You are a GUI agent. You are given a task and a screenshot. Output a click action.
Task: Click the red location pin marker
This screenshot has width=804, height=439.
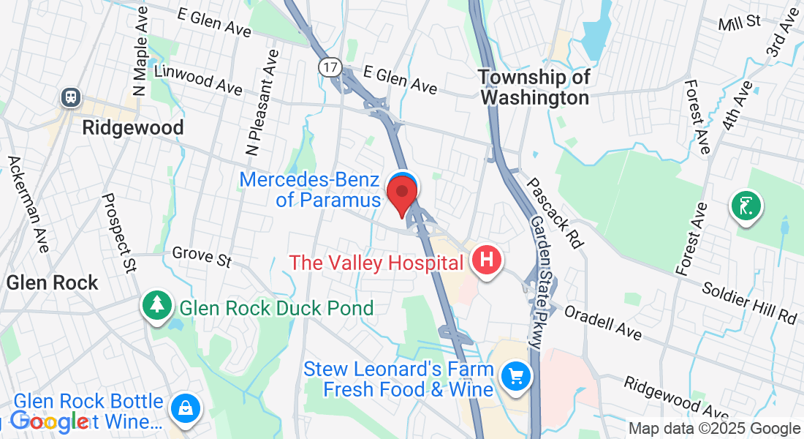401,192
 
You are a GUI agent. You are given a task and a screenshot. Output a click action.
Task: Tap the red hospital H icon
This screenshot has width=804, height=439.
487,260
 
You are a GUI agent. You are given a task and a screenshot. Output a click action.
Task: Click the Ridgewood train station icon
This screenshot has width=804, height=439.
72,97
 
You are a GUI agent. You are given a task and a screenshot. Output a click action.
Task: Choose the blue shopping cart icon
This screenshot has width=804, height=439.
517,377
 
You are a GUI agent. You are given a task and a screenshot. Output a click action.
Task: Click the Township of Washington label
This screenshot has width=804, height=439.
534,87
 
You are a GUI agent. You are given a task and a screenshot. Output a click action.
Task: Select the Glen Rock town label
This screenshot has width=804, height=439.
52,283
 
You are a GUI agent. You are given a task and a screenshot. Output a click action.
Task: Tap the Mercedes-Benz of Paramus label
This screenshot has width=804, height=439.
310,190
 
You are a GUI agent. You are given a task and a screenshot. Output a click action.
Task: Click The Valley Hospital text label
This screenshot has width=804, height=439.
376,263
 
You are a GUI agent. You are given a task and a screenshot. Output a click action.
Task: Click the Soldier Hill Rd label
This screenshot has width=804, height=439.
749,301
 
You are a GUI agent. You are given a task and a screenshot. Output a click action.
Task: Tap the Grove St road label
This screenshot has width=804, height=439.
202,256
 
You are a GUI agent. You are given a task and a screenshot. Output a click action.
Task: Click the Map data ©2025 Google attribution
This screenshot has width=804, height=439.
715,429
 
